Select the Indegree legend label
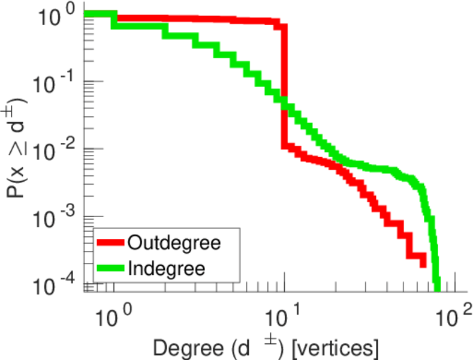pos(166,268)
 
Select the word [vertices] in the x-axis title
pos(332,346)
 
